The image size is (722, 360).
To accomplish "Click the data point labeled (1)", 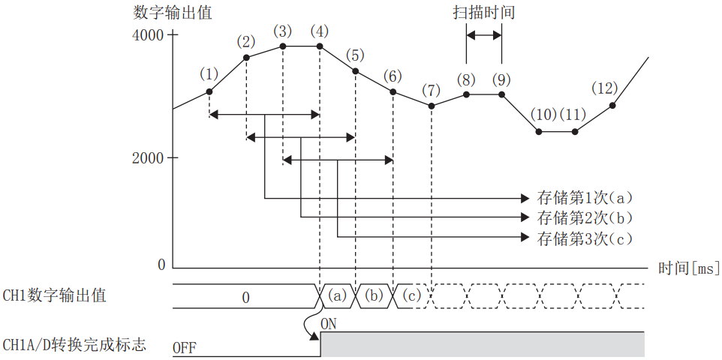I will tap(209, 91).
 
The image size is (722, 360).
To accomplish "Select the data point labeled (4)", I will tap(320, 46).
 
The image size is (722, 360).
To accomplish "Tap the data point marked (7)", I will tap(432, 106).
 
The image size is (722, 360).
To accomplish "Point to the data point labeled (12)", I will tap(612, 106).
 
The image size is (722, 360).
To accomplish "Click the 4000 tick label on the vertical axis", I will tap(149, 34).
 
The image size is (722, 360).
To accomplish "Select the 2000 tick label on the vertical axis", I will tap(149, 157).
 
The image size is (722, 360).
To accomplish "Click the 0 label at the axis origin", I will tap(161, 264).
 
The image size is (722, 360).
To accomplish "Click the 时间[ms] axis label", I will tap(689, 268).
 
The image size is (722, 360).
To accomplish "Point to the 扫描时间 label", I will tap(484, 13).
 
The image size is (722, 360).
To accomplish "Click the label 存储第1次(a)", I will tap(585, 199).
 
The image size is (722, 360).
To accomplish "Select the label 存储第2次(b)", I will tap(585, 218).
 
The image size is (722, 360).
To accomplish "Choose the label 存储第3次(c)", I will tap(585, 238).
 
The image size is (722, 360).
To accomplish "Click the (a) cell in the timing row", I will tap(338, 296).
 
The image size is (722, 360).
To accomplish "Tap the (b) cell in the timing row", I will tap(375, 296).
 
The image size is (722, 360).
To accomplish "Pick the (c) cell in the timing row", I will tap(411, 296).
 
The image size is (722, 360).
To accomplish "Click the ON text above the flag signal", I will tap(329, 324).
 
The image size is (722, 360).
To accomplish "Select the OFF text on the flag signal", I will tap(185, 348).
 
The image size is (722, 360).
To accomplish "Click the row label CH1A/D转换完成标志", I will tap(74, 346).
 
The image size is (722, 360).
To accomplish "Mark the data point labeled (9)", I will tap(502, 94).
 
